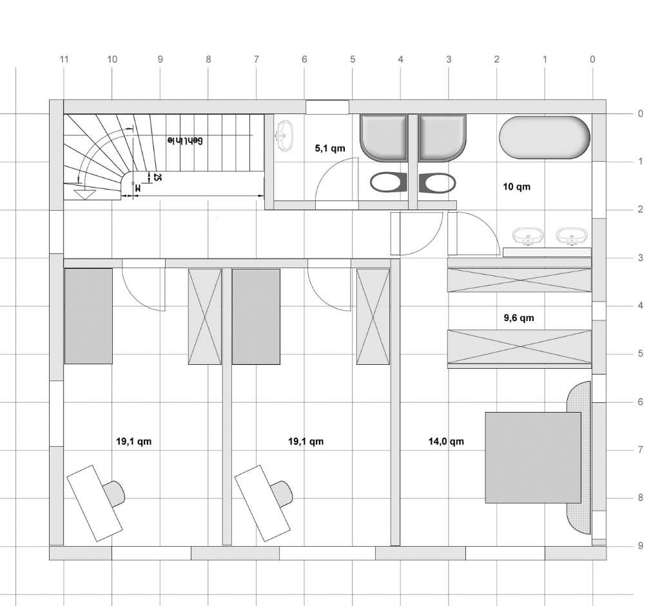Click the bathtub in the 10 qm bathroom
[545, 137]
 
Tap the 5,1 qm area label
[330, 148]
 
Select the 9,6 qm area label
[519, 318]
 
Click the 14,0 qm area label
[446, 442]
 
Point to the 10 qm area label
[516, 186]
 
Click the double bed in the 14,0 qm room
[533, 458]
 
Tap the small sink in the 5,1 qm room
[285, 135]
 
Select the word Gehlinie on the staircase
[185, 141]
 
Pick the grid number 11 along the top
[64, 59]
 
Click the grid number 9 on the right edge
[641, 546]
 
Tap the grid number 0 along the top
[593, 59]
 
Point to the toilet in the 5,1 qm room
[389, 183]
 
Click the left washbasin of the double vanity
[528, 236]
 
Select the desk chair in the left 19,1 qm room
[113, 494]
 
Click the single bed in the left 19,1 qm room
[88, 317]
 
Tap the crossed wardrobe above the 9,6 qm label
[519, 280]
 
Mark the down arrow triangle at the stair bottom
[84, 195]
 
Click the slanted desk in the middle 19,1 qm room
[262, 503]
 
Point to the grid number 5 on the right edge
[641, 354]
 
